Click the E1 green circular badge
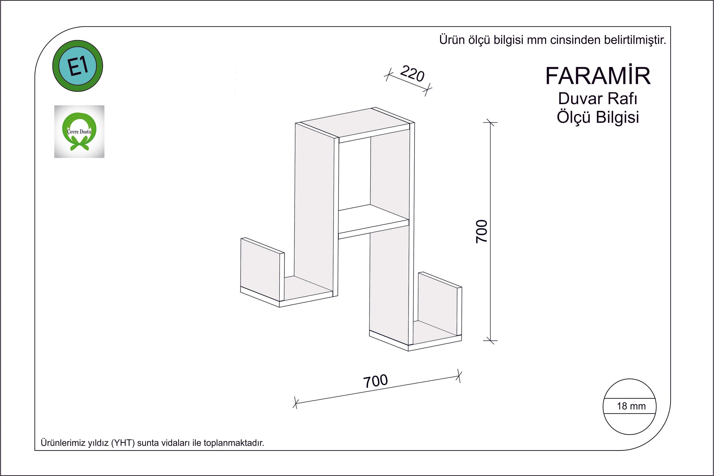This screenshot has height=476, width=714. coord(78,66)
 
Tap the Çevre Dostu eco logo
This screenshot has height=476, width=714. coord(79,131)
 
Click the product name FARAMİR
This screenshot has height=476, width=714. coord(598,76)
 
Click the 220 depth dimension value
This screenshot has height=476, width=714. coord(412,74)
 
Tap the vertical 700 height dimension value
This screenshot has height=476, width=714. coord(482,231)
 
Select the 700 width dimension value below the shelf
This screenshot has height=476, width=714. coord(375,381)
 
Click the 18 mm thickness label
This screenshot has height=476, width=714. coord(631,406)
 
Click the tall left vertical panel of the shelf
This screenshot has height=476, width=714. coord(314,209)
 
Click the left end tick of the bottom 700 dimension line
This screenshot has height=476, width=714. coord(295,403)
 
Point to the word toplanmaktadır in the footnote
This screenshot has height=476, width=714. coord(234,443)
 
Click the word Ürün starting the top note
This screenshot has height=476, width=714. coord(452,40)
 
